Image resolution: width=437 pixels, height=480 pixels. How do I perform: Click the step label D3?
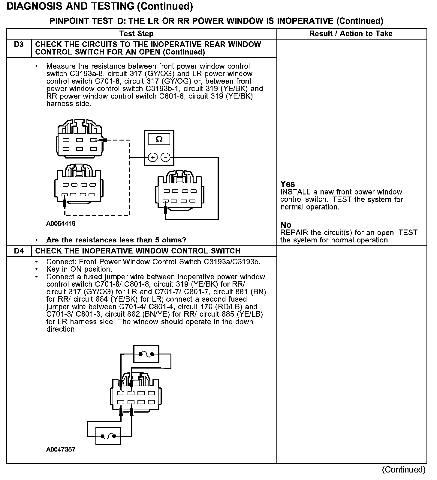(x=19, y=45)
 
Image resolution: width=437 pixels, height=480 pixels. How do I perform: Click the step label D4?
(x=19, y=251)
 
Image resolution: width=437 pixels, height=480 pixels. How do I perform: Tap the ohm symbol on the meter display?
(x=159, y=139)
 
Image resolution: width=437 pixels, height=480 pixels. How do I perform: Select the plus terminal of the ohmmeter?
(x=153, y=157)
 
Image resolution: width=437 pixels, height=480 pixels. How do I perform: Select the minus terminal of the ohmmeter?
(x=166, y=157)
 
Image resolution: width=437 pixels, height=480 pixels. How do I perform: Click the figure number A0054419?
(x=61, y=224)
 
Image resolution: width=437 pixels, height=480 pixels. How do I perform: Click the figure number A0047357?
(x=61, y=449)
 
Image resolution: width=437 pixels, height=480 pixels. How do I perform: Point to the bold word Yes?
(x=288, y=184)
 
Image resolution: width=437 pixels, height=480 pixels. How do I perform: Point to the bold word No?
(x=286, y=225)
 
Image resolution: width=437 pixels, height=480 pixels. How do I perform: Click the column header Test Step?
(x=136, y=34)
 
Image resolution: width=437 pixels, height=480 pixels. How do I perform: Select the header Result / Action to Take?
(x=351, y=34)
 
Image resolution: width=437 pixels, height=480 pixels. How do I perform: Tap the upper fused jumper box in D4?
(x=146, y=354)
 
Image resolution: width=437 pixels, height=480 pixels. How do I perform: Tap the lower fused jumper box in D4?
(x=108, y=436)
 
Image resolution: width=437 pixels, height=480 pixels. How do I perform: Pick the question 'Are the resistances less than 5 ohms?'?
(x=116, y=240)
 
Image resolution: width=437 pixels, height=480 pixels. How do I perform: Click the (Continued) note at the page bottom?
(x=404, y=470)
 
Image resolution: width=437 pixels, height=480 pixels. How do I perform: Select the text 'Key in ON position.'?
(x=79, y=269)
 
